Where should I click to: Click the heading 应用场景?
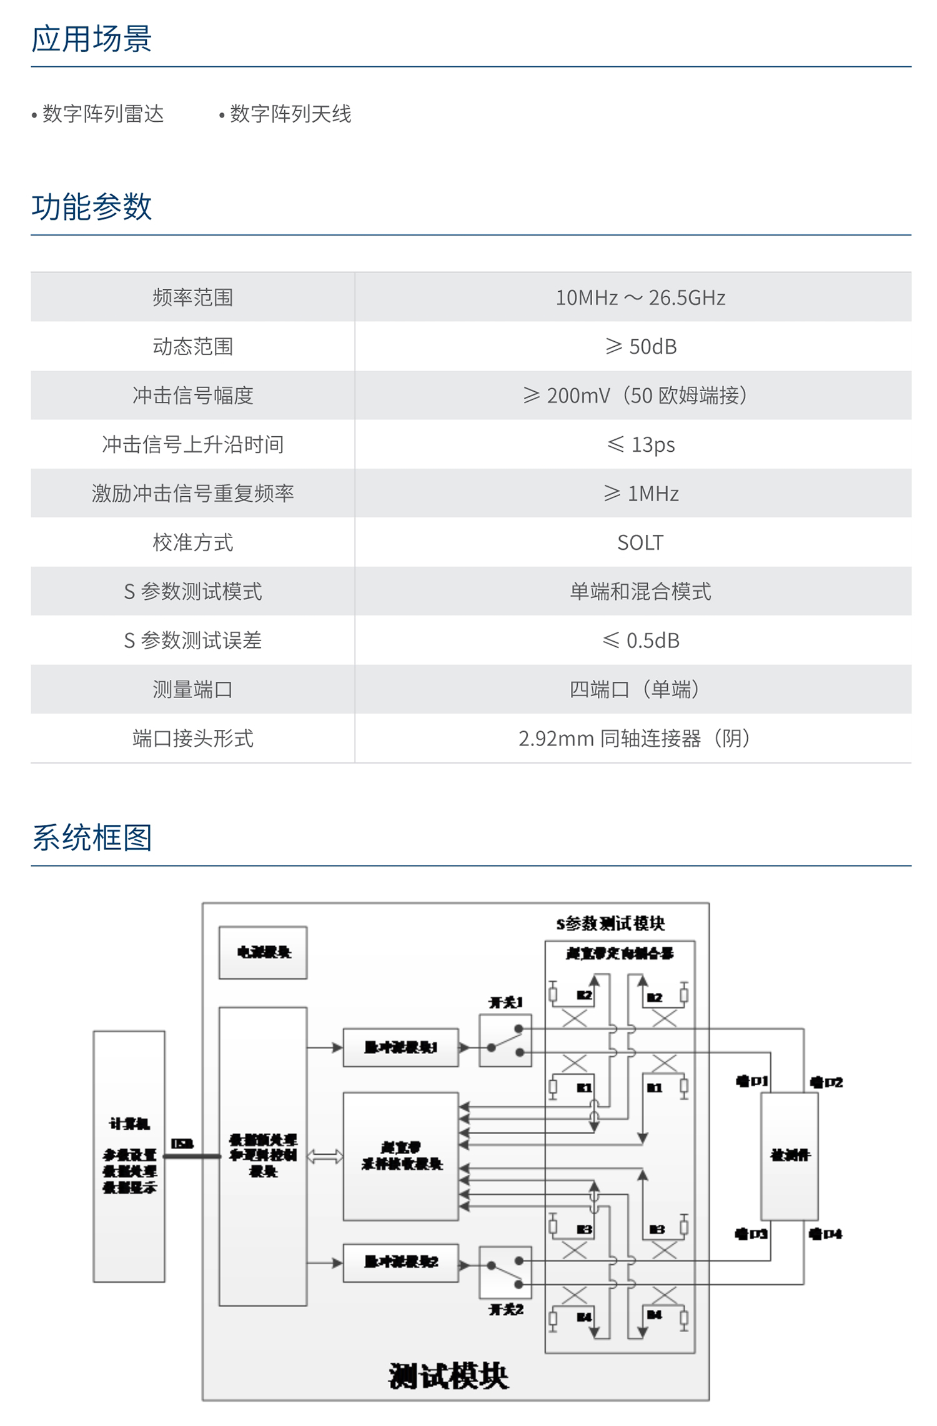91,39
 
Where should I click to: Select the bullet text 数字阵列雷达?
103,114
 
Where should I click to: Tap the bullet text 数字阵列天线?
290,114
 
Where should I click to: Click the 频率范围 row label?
192,297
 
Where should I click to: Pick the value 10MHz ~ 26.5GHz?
640,297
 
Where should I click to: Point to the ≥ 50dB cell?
640,346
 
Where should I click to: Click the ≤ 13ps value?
640,444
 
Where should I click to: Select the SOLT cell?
640,542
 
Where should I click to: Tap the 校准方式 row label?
192,542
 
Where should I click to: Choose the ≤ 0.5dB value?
640,641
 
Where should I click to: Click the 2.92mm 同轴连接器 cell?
634,739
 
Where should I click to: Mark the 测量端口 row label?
192,689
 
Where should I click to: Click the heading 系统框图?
91,837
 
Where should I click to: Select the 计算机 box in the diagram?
129,1156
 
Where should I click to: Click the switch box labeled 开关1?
505,1040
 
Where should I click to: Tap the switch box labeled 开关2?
505,1272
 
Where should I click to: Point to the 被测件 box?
790,1156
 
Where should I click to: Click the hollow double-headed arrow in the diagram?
325,1157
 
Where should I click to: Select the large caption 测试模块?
449,1375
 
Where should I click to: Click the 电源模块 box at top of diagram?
263,952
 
